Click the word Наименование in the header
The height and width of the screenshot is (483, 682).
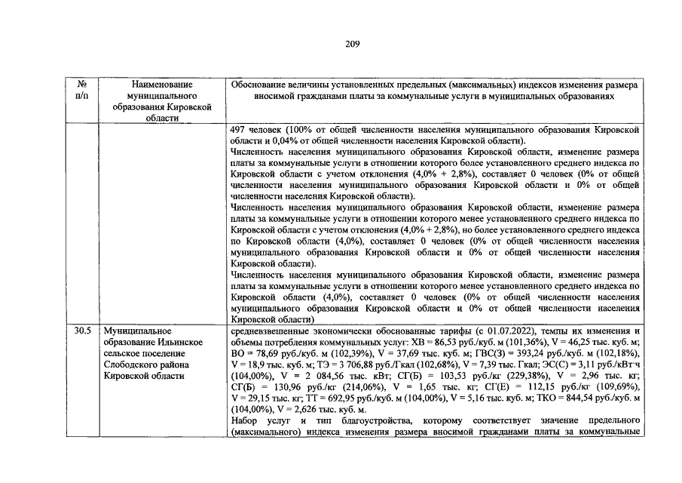(162, 85)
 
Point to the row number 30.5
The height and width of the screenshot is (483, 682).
(85, 331)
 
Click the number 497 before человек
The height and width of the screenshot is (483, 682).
(239, 130)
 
